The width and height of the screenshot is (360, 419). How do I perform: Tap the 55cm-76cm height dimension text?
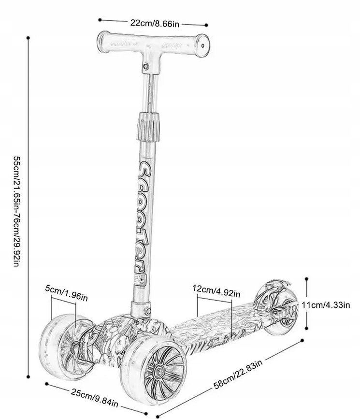15,213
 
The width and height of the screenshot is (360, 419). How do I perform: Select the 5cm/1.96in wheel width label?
66,292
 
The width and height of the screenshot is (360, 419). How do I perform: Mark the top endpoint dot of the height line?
29,37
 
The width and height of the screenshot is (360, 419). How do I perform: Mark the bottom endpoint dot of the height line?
29,376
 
